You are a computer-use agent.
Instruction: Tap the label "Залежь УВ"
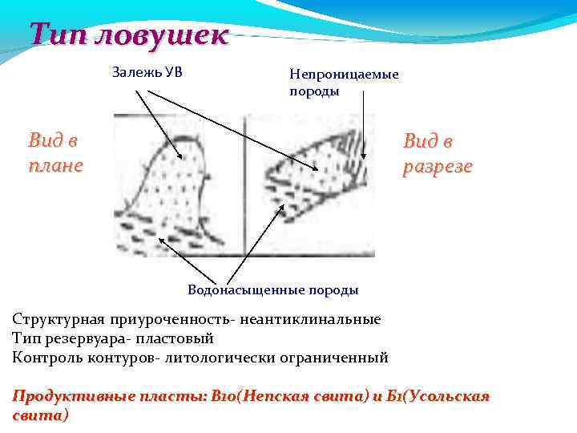click(147, 73)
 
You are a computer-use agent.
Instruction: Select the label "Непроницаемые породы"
click(344, 83)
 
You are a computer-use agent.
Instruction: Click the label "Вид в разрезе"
click(437, 154)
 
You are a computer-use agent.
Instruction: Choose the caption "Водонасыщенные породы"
click(272, 289)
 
